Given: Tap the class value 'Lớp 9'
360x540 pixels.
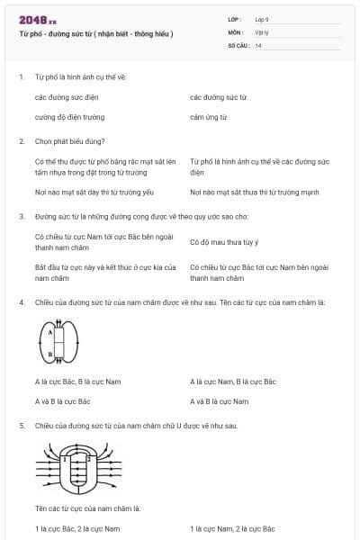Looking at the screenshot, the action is coord(261,19).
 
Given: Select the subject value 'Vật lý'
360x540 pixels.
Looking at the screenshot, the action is coord(260,31).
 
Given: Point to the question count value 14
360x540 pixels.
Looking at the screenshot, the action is coord(258,44).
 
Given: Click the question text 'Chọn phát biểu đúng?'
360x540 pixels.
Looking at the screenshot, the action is coord(69,141).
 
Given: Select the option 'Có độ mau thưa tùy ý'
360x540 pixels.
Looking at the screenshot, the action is coord(224,242).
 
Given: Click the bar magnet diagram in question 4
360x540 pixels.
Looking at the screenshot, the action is coord(58,343).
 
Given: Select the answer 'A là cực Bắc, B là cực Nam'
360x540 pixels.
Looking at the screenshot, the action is coord(77,382).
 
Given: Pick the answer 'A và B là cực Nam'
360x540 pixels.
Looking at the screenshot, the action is coord(220,401).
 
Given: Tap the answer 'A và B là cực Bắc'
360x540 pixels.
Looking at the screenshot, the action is coord(62,401).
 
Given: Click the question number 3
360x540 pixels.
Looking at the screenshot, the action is coord(22,217).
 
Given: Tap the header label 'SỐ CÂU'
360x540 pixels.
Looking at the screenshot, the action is coord(238,44).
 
